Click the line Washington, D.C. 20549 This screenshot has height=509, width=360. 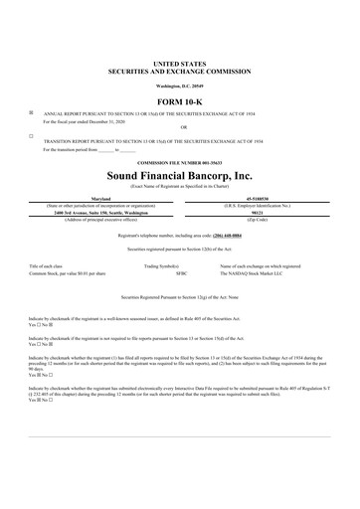[x=179, y=85]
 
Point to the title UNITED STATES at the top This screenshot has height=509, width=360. [x=179, y=63]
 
